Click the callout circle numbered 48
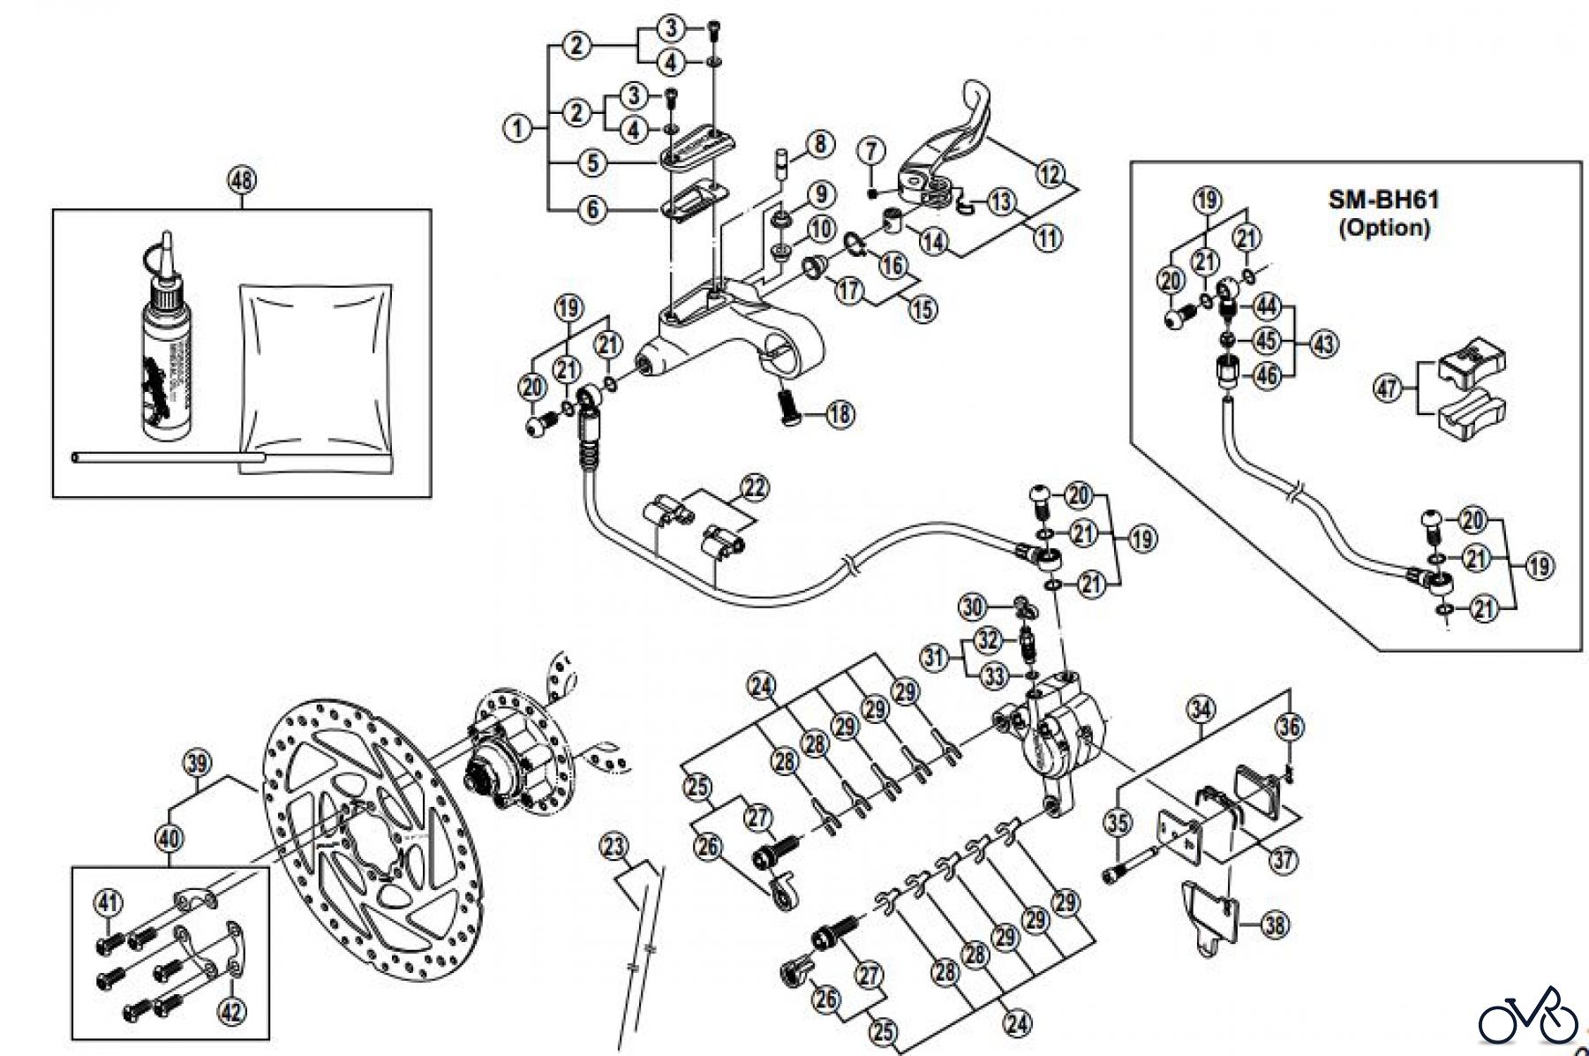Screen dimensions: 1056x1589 click(242, 180)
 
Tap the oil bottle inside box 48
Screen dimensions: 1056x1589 click(164, 353)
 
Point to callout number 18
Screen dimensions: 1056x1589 click(840, 413)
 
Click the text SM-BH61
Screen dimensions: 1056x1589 click(1383, 200)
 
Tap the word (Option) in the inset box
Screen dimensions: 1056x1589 click(1383, 227)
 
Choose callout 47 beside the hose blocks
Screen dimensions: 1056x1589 click(1389, 388)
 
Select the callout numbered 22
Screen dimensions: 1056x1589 click(755, 487)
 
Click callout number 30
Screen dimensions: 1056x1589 click(972, 607)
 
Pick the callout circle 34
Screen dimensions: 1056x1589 click(1201, 708)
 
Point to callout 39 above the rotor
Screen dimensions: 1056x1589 click(197, 762)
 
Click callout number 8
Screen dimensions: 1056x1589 click(818, 144)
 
